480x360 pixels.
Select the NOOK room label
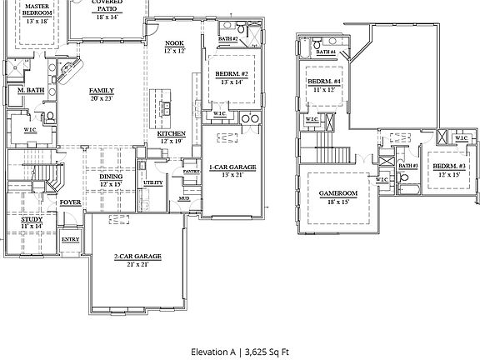[174, 43]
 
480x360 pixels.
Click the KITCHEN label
[171, 133]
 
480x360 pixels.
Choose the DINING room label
[111, 177]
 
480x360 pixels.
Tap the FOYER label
[70, 202]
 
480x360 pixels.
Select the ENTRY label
[71, 241]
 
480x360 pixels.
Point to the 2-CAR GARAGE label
[136, 256]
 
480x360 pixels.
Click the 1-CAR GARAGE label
[232, 167]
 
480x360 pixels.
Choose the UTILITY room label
[152, 182]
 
